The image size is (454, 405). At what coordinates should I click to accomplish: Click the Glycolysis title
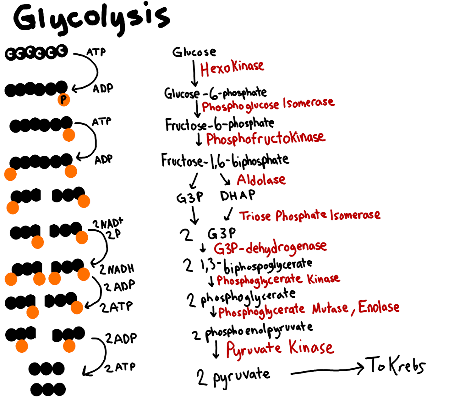click(92, 19)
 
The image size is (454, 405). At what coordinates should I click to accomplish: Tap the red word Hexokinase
click(232, 69)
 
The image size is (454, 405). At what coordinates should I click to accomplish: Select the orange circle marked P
click(64, 100)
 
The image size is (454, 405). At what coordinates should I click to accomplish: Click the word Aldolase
click(261, 180)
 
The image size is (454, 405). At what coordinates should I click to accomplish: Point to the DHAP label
click(238, 195)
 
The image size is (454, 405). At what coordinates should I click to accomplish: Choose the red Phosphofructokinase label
click(266, 139)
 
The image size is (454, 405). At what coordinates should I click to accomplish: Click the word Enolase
click(378, 307)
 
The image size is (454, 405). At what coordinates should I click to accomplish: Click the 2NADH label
click(117, 269)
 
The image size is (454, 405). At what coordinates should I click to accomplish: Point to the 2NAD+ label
click(108, 224)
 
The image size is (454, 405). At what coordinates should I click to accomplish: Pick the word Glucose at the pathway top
click(194, 52)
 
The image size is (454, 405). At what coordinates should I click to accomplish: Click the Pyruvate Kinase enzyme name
click(280, 348)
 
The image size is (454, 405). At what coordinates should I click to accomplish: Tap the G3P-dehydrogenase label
click(270, 248)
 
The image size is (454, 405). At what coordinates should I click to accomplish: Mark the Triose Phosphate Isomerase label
click(310, 215)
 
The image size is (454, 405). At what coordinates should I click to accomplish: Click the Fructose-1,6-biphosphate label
click(225, 161)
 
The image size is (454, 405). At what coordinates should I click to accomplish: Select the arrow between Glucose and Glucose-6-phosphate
click(194, 73)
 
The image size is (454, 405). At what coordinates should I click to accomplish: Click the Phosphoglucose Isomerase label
click(268, 105)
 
